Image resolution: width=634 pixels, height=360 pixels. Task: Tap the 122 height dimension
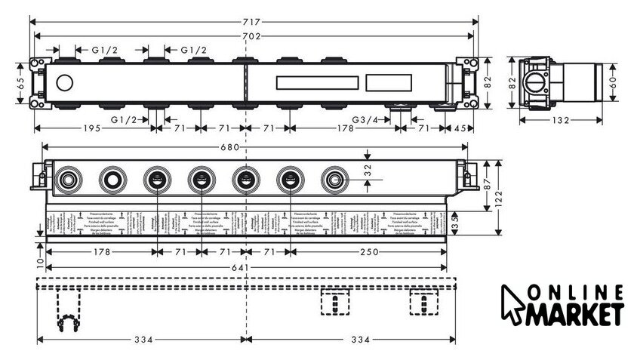502,198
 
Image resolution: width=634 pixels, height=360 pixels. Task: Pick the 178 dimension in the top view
346,128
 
